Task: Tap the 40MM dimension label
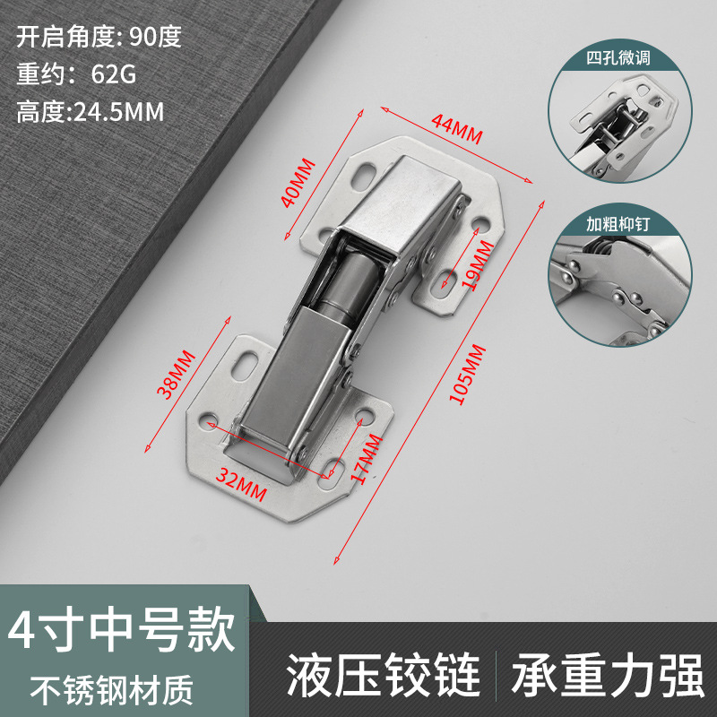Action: pos(298,183)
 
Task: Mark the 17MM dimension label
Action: pos(367,460)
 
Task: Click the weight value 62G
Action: pos(113,74)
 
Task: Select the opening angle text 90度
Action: pos(155,37)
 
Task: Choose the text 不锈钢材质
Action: pos(112,689)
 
